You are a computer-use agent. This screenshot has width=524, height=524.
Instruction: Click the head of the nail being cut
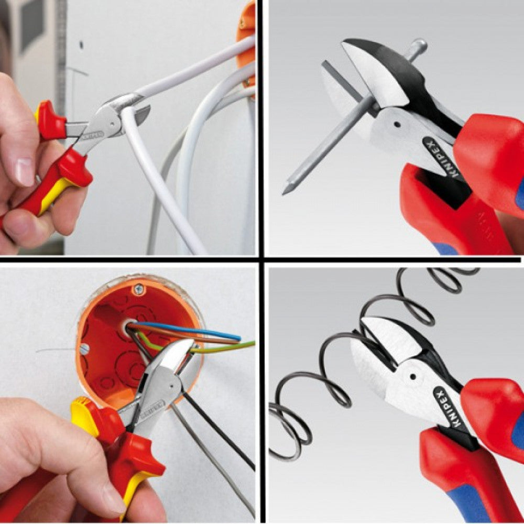418,48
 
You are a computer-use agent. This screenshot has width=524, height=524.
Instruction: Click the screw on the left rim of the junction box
85,348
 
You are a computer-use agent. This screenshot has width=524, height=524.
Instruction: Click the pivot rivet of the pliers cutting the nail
397,125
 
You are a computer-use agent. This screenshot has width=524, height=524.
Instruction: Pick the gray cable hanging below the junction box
210,456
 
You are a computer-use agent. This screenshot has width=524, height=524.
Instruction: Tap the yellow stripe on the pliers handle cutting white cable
58,194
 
